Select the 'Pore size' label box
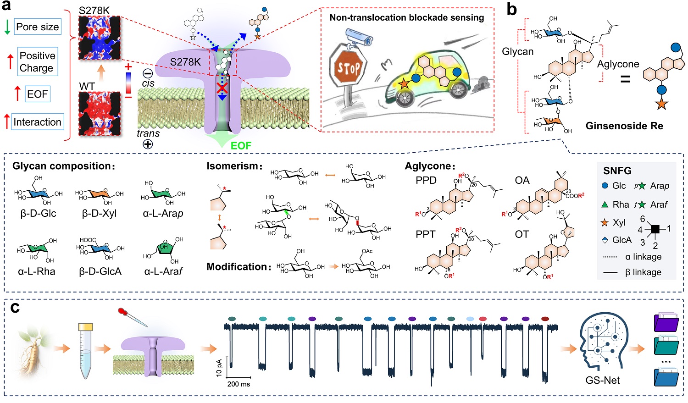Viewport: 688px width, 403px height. point(37,27)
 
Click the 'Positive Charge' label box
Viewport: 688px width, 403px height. point(38,62)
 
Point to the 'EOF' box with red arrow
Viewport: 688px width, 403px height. point(37,94)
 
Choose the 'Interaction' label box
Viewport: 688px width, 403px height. point(37,122)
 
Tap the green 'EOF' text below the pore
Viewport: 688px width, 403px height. point(241,146)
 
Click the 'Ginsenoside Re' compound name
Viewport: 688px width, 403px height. point(624,126)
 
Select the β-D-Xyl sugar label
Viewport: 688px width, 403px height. point(100,213)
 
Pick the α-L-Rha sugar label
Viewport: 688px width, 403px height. point(37,271)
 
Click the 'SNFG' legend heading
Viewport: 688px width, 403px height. point(617,171)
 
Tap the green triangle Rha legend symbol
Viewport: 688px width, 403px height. point(605,204)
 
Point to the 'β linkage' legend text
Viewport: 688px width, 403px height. point(644,272)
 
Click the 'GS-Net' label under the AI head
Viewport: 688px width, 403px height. point(602,380)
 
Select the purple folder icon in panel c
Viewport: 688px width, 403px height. point(666,322)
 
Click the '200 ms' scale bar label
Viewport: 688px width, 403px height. point(239,384)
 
